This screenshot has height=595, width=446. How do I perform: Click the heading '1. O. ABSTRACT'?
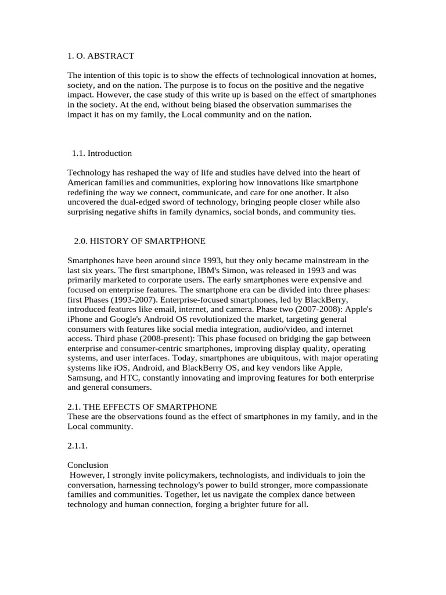[x=100, y=56]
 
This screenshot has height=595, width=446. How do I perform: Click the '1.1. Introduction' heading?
[x=102, y=153]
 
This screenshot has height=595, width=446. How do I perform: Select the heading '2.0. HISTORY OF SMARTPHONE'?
[x=139, y=241]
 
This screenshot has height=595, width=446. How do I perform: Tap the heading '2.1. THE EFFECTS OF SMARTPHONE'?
[x=142, y=406]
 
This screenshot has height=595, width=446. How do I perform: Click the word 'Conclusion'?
[x=88, y=465]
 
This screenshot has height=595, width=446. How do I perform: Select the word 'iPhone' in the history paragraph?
[x=81, y=319]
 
